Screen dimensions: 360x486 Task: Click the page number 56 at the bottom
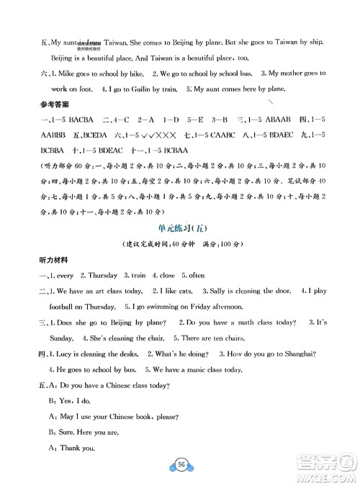tap(180, 467)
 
